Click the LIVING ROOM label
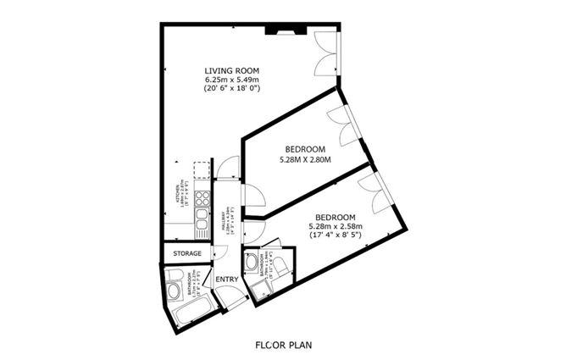[x=231, y=70]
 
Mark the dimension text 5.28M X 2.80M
[x=304, y=158]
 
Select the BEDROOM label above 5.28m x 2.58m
[x=334, y=216]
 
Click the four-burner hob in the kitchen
[x=203, y=200]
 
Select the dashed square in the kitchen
[x=201, y=170]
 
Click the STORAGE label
[x=187, y=253]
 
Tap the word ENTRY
[x=226, y=280]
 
